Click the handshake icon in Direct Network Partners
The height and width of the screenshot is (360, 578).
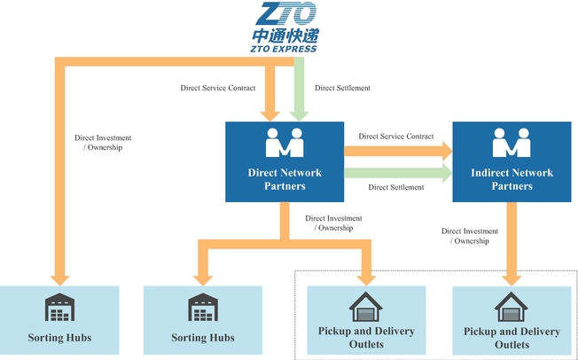[285, 144]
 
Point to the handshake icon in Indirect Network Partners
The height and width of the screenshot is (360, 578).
[512, 143]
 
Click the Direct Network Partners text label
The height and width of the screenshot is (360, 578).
[285, 179]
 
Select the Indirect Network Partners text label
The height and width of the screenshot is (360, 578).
[512, 179]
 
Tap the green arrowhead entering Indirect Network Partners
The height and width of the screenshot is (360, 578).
[445, 173]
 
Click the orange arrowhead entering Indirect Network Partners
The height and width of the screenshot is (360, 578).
[445, 149]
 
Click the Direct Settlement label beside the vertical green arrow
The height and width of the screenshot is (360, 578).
[342, 88]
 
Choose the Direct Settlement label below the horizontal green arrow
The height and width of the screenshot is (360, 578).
[396, 188]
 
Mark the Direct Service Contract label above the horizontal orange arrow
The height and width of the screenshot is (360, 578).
[396, 137]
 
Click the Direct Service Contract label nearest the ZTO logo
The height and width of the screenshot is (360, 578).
[216, 88]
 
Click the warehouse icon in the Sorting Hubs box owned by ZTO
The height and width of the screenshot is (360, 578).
[59, 308]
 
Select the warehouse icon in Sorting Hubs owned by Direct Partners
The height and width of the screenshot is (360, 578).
[202, 308]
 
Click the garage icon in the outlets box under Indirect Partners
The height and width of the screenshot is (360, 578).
[512, 307]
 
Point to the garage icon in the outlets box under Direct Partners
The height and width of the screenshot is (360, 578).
[365, 307]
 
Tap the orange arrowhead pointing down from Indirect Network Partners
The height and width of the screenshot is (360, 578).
[512, 276]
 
